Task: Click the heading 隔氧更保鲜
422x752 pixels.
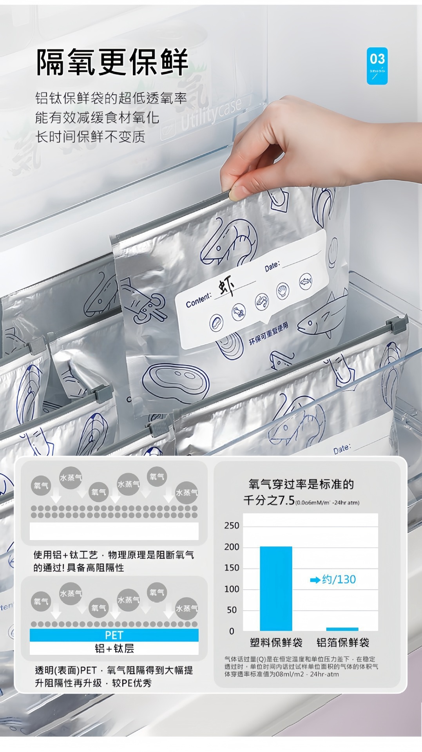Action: [112, 62]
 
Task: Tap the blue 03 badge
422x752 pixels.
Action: [377, 65]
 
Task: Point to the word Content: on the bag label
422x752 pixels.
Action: [198, 300]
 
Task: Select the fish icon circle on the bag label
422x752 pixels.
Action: [306, 281]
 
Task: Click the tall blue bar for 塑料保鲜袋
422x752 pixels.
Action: [276, 588]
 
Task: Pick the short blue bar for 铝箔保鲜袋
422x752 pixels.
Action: [342, 629]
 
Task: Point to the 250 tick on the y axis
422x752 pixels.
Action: [232, 526]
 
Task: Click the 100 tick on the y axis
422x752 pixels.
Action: [232, 589]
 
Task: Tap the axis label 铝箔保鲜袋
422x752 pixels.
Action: [343, 643]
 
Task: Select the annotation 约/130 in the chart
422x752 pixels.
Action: [333, 580]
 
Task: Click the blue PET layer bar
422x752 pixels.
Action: [114, 635]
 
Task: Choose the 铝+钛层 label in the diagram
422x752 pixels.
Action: [114, 649]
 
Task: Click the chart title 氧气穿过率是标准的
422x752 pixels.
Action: [301, 484]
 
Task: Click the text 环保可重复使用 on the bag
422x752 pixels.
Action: [269, 334]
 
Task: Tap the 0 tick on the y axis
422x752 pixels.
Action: [232, 631]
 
